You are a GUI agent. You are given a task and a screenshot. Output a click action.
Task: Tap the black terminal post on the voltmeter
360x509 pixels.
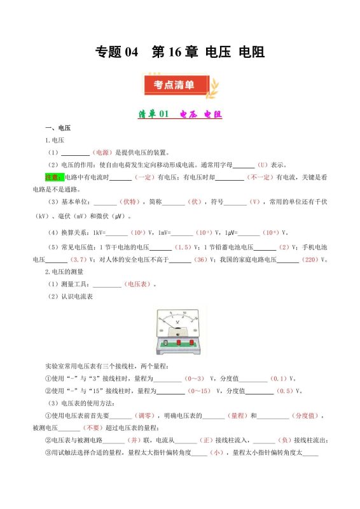(x=167, y=344)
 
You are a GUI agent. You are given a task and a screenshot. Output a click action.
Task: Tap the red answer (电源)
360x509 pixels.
(x=102, y=153)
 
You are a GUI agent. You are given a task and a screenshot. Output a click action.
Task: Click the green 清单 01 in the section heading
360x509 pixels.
(x=153, y=115)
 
